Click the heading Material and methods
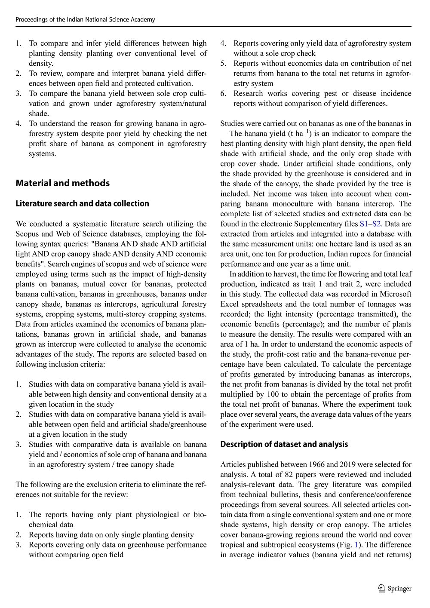tap(62, 183)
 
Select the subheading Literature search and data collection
tap(82, 203)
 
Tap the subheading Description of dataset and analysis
tap(284, 444)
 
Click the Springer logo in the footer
tap(395, 589)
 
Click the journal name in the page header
tap(85, 19)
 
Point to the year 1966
tap(317, 464)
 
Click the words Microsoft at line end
tap(395, 294)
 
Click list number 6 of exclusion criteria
tap(224, 94)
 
